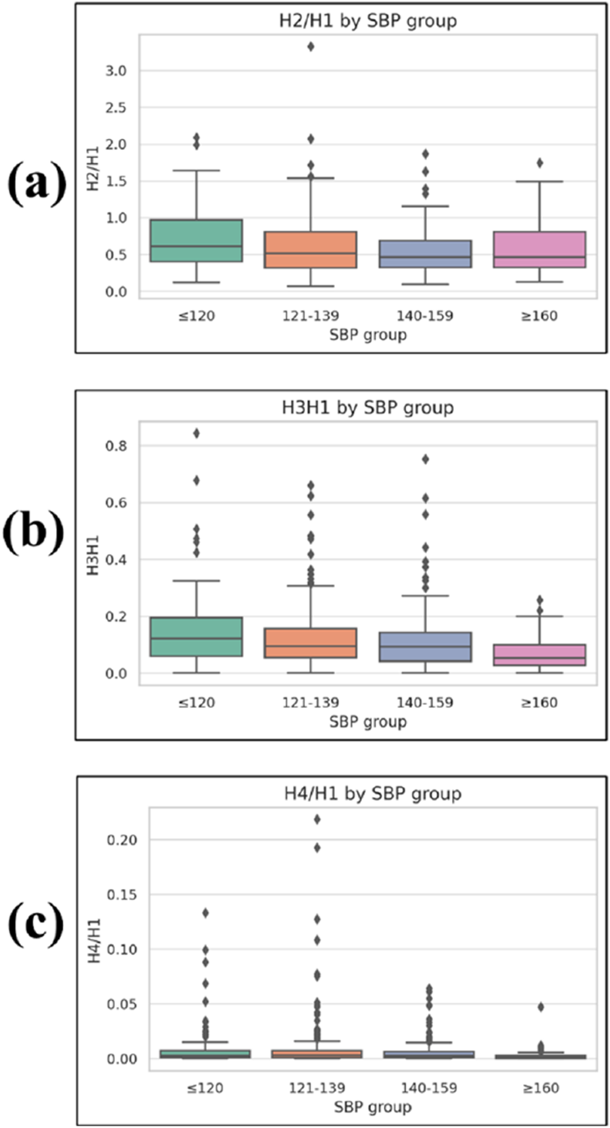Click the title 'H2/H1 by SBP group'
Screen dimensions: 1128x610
point(367,21)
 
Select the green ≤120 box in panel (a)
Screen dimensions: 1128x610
point(196,240)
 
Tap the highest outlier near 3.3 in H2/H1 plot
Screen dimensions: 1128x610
point(311,46)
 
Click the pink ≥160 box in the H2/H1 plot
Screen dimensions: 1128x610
point(539,249)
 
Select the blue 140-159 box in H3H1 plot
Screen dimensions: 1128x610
point(425,646)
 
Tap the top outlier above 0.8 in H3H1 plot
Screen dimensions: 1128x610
point(196,433)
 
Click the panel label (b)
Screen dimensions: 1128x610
point(34,532)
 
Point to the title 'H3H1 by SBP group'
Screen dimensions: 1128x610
point(367,408)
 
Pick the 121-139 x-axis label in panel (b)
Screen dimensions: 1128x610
point(311,702)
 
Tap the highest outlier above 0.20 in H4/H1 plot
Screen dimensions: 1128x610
point(317,819)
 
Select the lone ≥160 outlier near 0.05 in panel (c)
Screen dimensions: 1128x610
point(540,1007)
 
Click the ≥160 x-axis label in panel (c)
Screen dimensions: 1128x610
point(540,1088)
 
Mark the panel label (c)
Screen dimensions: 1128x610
point(36,925)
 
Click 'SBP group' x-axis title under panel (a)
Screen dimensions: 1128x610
point(368,335)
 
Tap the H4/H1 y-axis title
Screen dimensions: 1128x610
point(95,940)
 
